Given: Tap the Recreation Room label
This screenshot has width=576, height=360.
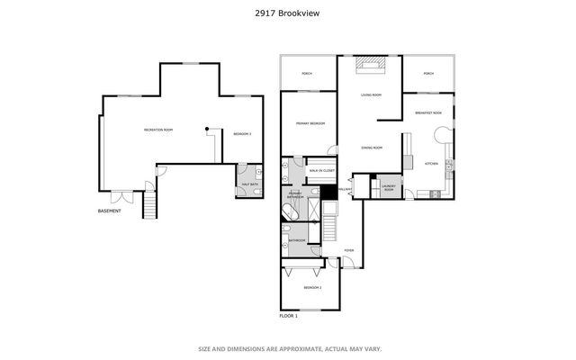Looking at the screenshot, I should click(158, 130).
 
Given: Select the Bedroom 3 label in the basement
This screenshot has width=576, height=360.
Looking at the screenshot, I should click(242, 134).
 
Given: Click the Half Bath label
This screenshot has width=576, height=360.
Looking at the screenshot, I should click(247, 185).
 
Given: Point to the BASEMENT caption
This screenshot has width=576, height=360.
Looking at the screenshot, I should click(110, 211).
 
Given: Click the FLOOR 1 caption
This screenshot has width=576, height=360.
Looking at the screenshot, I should click(289, 316).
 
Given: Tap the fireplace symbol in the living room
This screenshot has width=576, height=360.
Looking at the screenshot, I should click(369, 64).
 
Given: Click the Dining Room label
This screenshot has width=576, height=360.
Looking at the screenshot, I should click(372, 148).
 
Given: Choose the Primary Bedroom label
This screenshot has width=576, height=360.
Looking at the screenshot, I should click(310, 123).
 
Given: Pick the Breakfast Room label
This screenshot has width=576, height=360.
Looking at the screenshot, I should click(428, 112).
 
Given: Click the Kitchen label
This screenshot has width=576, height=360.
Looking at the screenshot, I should click(431, 164).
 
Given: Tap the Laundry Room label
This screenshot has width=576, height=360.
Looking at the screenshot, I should click(389, 188).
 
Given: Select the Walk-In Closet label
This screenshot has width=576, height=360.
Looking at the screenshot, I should click(321, 170).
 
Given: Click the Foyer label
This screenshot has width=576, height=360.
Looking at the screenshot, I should click(349, 250).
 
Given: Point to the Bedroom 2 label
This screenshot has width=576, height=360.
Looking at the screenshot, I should click(312, 287).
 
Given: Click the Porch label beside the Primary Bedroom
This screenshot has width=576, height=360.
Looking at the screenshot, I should click(307, 75).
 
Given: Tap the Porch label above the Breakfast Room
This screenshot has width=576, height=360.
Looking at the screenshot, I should click(428, 74).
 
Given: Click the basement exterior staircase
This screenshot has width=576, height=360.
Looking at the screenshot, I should click(149, 205).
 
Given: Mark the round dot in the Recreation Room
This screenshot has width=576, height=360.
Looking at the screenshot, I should click(207, 130).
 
